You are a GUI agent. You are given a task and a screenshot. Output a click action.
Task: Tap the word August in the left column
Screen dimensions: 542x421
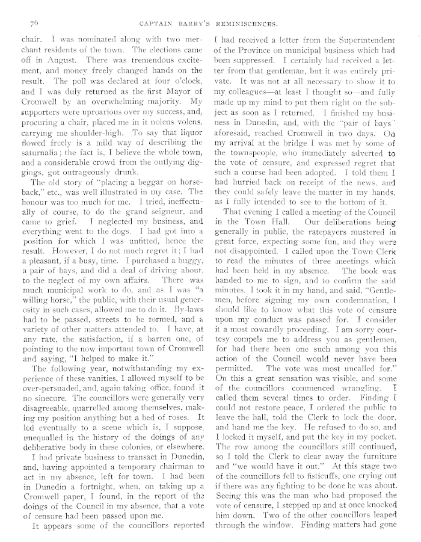(x=56, y=60)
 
